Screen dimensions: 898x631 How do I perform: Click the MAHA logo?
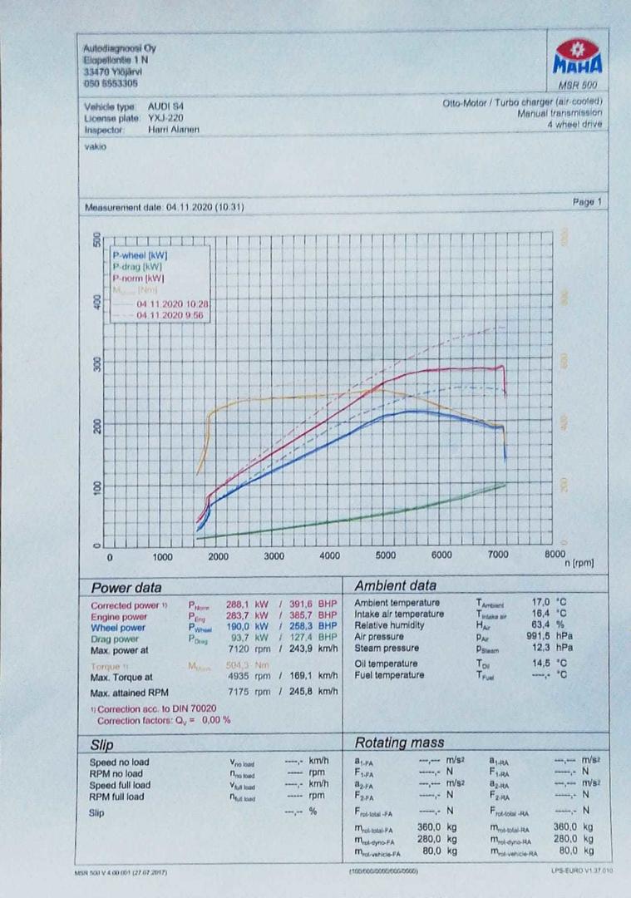(x=577, y=57)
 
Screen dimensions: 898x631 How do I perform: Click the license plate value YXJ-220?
(x=165, y=118)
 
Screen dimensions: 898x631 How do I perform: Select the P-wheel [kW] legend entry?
(x=140, y=254)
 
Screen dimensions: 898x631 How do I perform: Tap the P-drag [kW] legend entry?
(x=137, y=266)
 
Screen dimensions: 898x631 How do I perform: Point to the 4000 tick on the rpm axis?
(x=329, y=556)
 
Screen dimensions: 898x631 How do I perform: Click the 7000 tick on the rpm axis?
(x=497, y=555)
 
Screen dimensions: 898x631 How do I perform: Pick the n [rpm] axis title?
(x=579, y=563)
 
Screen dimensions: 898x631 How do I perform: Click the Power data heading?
(x=126, y=587)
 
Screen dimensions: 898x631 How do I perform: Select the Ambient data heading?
(x=395, y=586)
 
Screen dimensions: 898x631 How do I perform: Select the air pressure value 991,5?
(x=540, y=636)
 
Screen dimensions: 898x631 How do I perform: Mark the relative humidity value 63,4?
(x=543, y=624)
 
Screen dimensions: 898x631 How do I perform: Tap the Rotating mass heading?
(x=399, y=743)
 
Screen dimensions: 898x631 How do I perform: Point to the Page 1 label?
(x=587, y=202)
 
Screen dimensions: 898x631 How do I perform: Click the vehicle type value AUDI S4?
(x=167, y=107)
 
